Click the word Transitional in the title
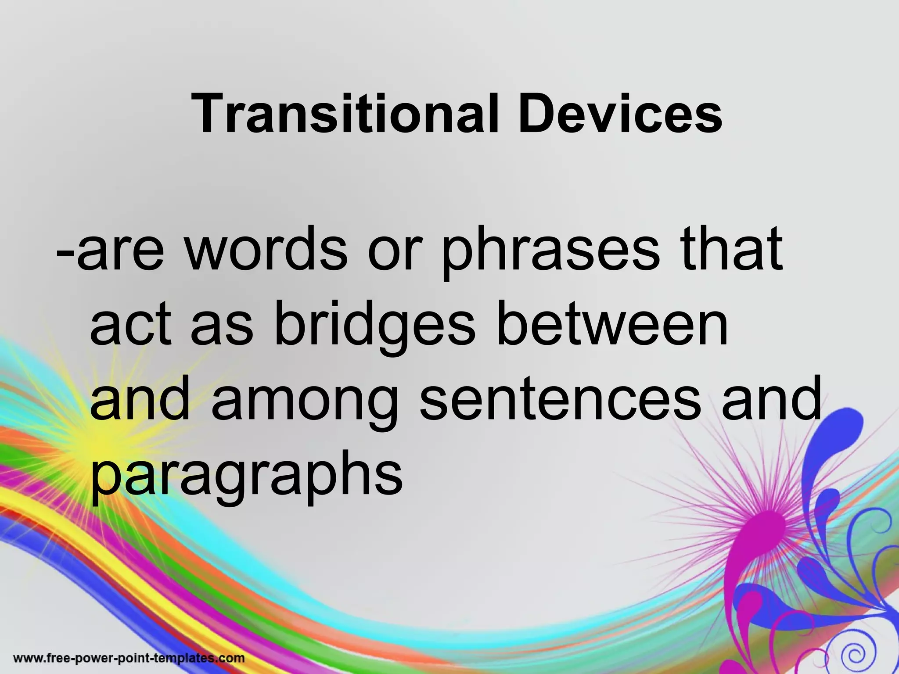[x=345, y=114]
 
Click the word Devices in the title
[x=619, y=114]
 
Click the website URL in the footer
[x=129, y=658]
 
